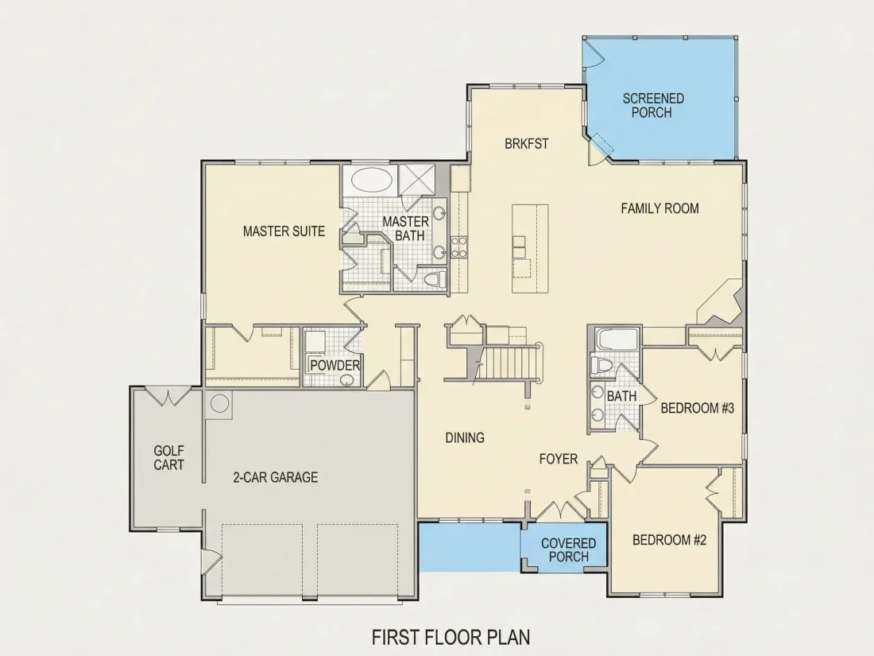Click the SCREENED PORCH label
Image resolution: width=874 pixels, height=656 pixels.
click(x=652, y=106)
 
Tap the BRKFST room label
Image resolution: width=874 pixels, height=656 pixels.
click(x=526, y=144)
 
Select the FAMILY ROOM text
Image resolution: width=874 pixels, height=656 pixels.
click(x=659, y=208)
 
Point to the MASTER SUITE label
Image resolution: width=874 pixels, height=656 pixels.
click(x=284, y=231)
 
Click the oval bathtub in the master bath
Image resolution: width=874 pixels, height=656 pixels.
click(x=371, y=180)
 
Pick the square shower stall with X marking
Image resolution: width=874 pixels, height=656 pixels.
click(x=416, y=180)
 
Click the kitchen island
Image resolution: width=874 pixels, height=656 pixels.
click(x=530, y=249)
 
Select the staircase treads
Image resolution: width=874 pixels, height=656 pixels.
click(x=511, y=362)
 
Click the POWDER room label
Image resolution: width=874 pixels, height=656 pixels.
click(x=335, y=366)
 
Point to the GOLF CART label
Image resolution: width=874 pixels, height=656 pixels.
click(x=168, y=457)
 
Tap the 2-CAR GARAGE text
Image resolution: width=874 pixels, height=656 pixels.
click(x=276, y=478)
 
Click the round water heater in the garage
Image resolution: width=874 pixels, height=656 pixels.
click(x=219, y=403)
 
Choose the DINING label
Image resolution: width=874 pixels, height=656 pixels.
click(x=464, y=438)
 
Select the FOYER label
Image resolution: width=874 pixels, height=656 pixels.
click(x=558, y=459)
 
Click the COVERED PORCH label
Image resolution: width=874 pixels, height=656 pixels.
click(x=569, y=550)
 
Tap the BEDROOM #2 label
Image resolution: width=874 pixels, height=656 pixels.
click(x=669, y=540)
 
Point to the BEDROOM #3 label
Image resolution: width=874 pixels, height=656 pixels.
click(x=698, y=409)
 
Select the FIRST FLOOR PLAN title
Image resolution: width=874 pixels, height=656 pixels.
click(x=451, y=636)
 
